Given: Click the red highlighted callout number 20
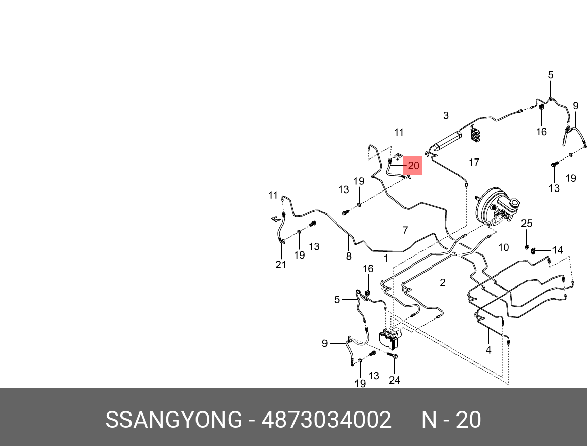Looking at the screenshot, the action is pos(413,166).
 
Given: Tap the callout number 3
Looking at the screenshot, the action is pos(446,116).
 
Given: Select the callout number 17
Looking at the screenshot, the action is pos(474,163).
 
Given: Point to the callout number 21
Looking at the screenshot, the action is pos(281,265).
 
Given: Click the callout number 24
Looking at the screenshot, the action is pos(395,380).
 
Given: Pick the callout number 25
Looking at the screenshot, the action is pos(527,224).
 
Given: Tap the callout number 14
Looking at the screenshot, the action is pos(558,250).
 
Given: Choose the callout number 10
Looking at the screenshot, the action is pos(503,248).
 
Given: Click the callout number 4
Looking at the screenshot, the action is pos(488,350).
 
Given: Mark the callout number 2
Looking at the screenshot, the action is pos(443,283).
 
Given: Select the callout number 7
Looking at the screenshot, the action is pos(405,230).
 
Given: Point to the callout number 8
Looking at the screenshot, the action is pos(349,257).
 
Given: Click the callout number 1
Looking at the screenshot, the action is pos(386,259).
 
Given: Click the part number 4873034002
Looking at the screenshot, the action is pos(326,420).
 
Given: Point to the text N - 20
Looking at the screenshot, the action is pos(451,420).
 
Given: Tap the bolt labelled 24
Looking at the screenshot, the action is pos(395,356).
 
